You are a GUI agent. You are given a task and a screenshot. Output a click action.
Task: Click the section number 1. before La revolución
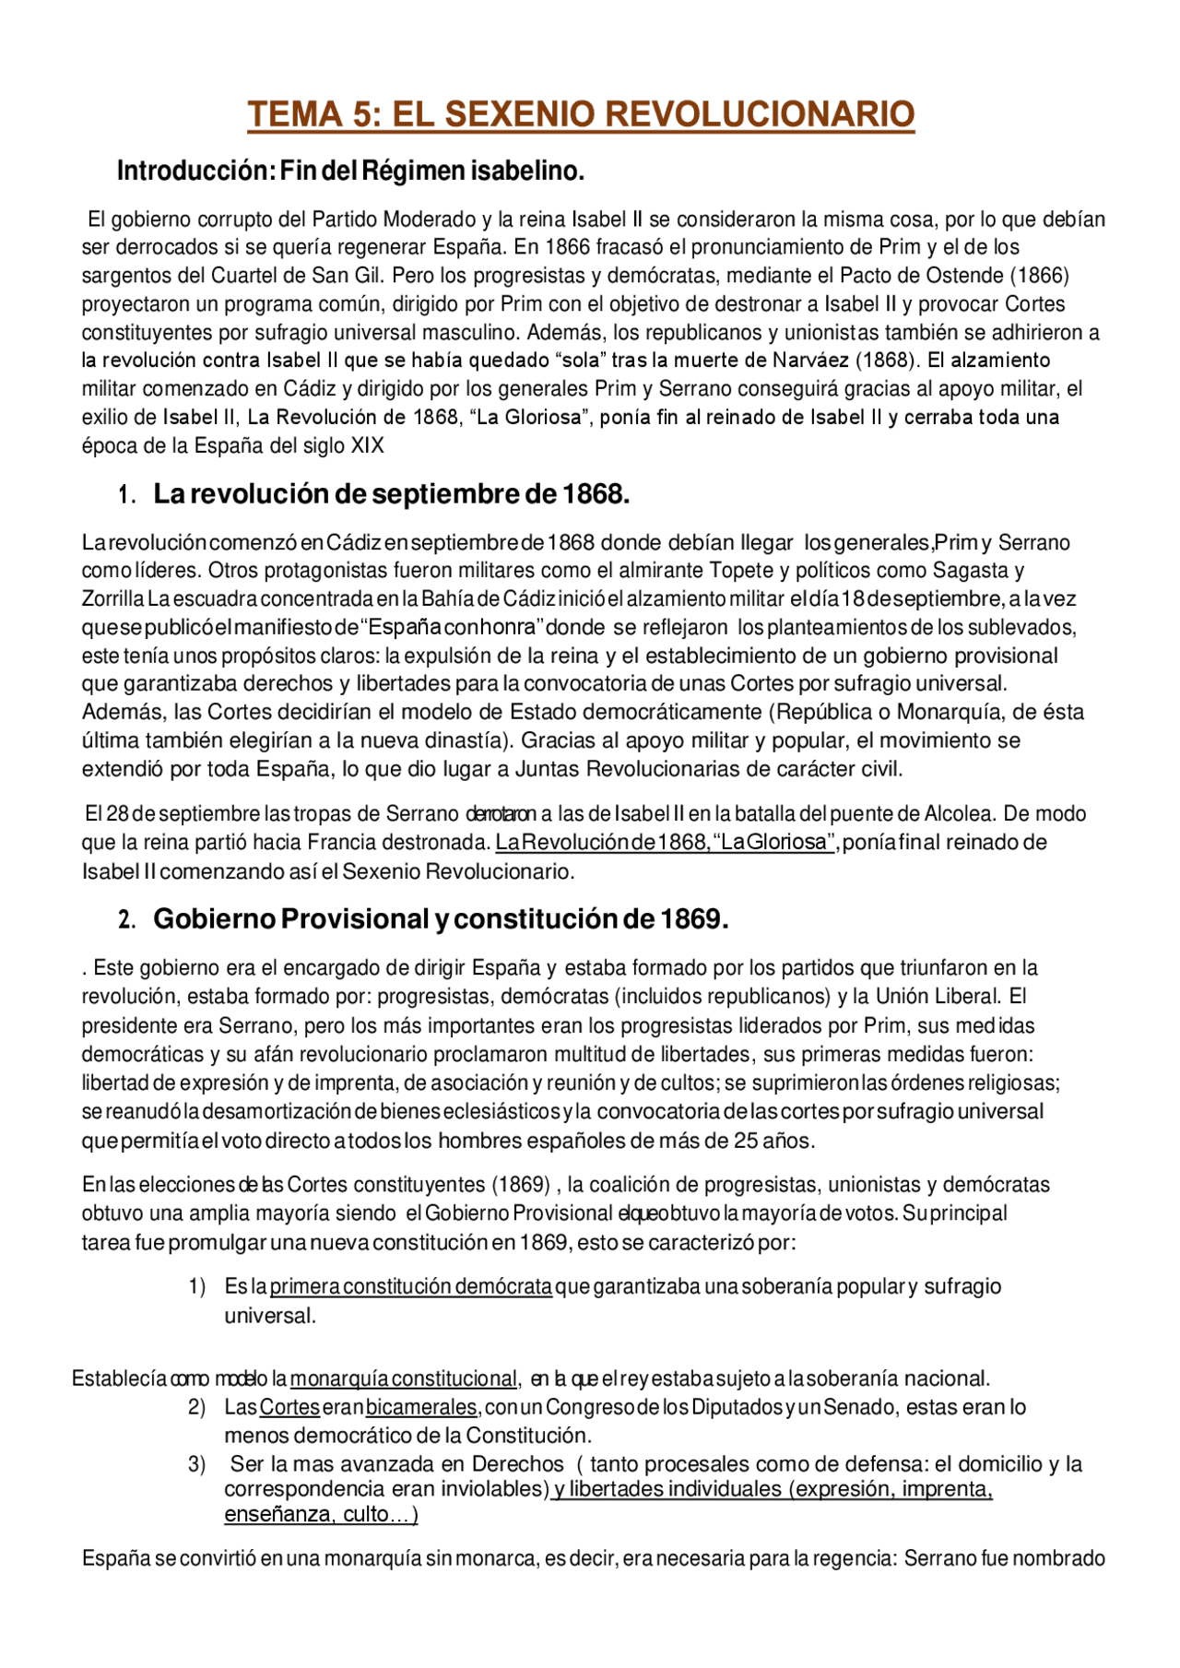(127, 496)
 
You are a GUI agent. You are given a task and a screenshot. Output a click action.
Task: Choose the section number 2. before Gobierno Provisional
(127, 921)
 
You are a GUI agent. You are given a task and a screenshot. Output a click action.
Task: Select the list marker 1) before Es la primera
(196, 1287)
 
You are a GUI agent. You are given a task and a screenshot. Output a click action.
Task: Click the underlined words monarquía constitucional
(403, 1379)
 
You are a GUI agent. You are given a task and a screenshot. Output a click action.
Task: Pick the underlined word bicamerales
(421, 1408)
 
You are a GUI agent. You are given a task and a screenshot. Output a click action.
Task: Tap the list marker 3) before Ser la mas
(196, 1465)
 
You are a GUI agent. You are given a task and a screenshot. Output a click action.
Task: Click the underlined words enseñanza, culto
(321, 1515)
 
